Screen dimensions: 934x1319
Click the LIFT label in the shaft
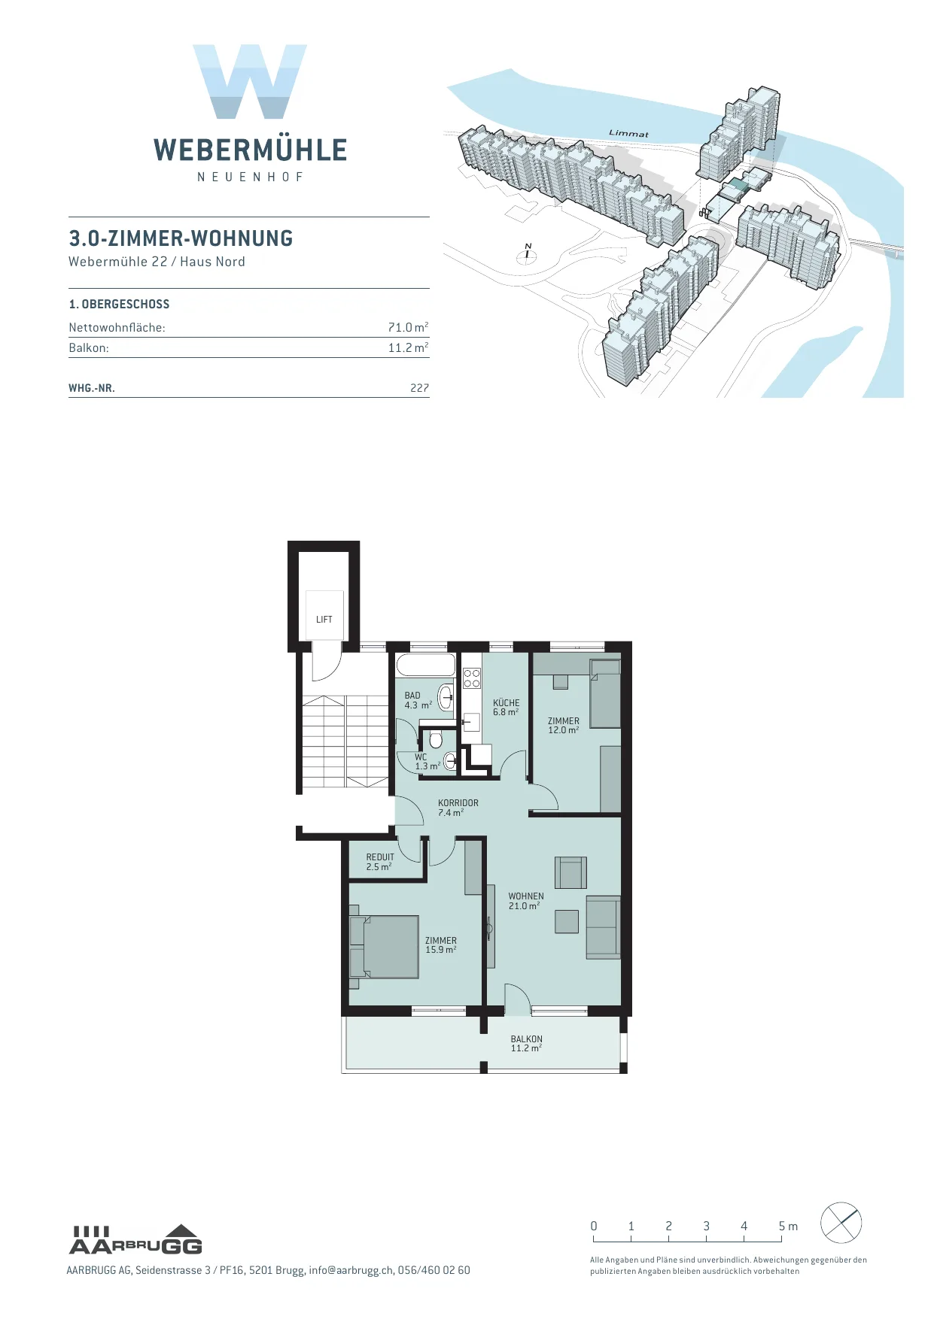point(324,620)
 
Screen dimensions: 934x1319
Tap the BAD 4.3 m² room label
point(418,700)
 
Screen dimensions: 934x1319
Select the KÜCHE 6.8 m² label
point(507,707)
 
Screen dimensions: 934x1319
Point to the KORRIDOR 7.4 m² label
point(458,808)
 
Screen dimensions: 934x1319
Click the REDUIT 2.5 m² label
point(380,862)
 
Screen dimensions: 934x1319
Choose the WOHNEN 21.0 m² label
point(526,901)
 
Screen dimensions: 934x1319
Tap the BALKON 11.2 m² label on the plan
point(527,1044)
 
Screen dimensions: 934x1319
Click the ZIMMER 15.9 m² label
point(441,945)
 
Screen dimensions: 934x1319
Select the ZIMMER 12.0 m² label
point(564,726)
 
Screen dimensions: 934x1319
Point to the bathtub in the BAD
point(426,666)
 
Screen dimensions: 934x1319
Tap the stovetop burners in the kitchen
point(472,678)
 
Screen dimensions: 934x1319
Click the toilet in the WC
point(436,739)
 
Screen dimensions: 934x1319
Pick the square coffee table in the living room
point(567,921)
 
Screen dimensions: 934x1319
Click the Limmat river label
point(628,133)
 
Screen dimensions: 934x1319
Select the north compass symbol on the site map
point(527,254)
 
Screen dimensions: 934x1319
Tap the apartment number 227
point(419,388)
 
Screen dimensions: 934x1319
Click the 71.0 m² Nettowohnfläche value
point(408,327)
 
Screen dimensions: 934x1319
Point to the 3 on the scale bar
point(706,1226)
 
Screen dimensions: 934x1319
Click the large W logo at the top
point(250,81)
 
